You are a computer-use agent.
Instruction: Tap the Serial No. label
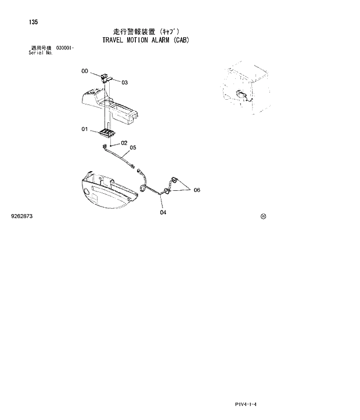tap(41, 53)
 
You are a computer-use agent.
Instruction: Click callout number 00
tap(85, 71)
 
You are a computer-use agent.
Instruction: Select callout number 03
tap(124, 82)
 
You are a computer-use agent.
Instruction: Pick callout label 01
tap(84, 129)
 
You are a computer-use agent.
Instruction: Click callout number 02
tap(124, 142)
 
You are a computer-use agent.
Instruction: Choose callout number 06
tap(197, 190)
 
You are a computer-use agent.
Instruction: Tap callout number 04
tap(163, 212)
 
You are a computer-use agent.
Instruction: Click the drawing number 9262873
tap(22, 216)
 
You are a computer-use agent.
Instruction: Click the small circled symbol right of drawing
tap(264, 216)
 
